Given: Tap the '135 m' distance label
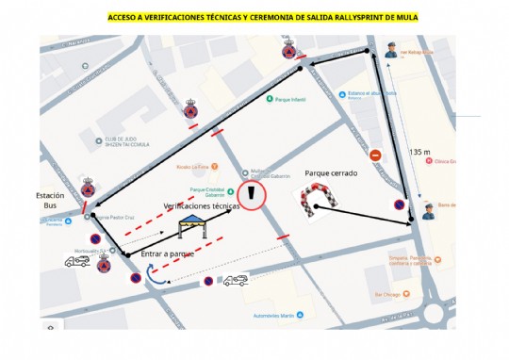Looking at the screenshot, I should [420, 152].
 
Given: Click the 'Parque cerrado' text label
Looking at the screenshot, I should [330, 173].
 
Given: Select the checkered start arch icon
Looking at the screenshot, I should [319, 201].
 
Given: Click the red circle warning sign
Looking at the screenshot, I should [252, 194].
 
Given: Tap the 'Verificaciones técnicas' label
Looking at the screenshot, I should [202, 205].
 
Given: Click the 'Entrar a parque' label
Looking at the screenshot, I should [168, 254].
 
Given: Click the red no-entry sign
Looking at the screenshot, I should [375, 155].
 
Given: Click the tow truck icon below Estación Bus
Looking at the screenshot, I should [77, 261].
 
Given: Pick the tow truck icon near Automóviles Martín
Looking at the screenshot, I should [235, 280].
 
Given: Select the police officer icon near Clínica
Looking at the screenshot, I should [429, 212].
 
